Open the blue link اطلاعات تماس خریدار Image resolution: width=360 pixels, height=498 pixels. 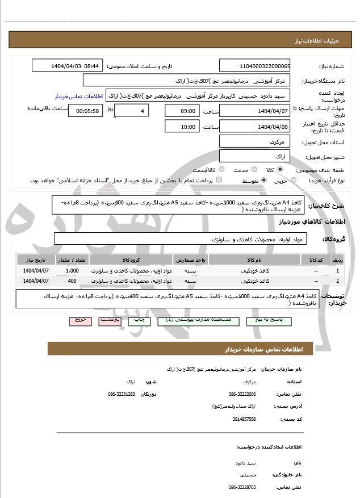click(81, 97)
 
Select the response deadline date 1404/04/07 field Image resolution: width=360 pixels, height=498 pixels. click(254, 111)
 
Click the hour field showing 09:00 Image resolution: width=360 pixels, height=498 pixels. click(182, 111)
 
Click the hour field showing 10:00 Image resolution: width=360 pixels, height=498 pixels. click(182, 127)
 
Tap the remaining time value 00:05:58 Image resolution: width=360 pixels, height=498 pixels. click(85, 111)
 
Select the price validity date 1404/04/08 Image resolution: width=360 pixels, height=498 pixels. click(254, 127)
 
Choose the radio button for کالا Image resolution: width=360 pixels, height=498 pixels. click(280, 169)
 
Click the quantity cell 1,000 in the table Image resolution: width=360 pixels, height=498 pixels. click(72, 271)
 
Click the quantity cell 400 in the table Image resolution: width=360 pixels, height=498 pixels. click(72, 281)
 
